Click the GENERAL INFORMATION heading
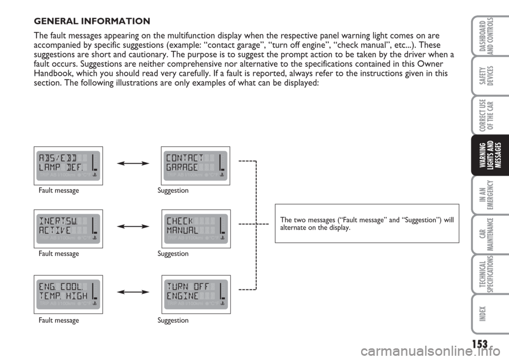point(92,22)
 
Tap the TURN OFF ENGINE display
point(195,292)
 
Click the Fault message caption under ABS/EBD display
point(58,190)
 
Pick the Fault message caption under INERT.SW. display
point(58,253)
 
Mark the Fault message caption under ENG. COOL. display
point(58,320)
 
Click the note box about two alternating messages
point(366,223)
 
